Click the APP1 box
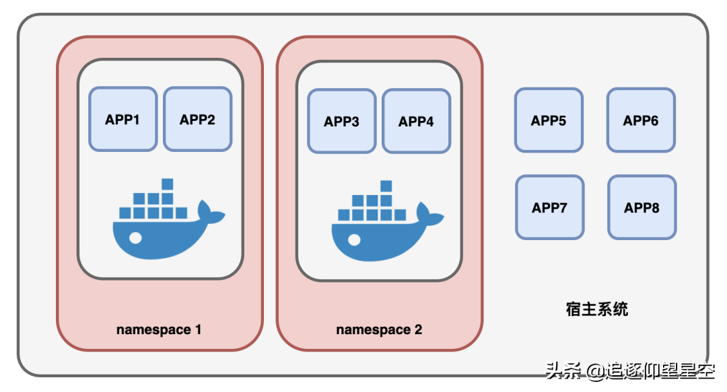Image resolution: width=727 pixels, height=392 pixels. coord(123,119)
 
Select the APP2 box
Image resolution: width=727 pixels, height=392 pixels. coord(197,119)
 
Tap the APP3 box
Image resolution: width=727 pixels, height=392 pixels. coord(342,121)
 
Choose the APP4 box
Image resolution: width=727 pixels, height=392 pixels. coord(417,121)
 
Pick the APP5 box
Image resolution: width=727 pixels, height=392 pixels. coord(549,120)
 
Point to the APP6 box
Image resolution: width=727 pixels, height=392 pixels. coord(641,120)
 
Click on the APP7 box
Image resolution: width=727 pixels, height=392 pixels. coord(549,207)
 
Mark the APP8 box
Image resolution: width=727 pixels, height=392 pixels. coord(642,207)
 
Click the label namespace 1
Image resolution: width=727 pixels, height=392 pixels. coord(159,330)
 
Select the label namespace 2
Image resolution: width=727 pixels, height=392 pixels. coord(379,330)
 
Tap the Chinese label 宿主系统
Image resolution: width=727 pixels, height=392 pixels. coord(596,309)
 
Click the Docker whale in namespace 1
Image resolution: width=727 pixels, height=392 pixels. coord(169,219)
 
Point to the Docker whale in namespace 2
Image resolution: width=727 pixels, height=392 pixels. coord(388,221)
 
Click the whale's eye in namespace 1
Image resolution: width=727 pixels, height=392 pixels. coord(135,238)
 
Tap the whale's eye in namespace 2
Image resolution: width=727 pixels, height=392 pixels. coord(354,240)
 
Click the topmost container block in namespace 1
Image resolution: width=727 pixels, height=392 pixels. coord(168,184)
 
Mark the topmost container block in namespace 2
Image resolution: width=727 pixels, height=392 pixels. coord(386,186)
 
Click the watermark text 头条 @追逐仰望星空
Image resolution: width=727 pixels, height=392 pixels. coord(630,370)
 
